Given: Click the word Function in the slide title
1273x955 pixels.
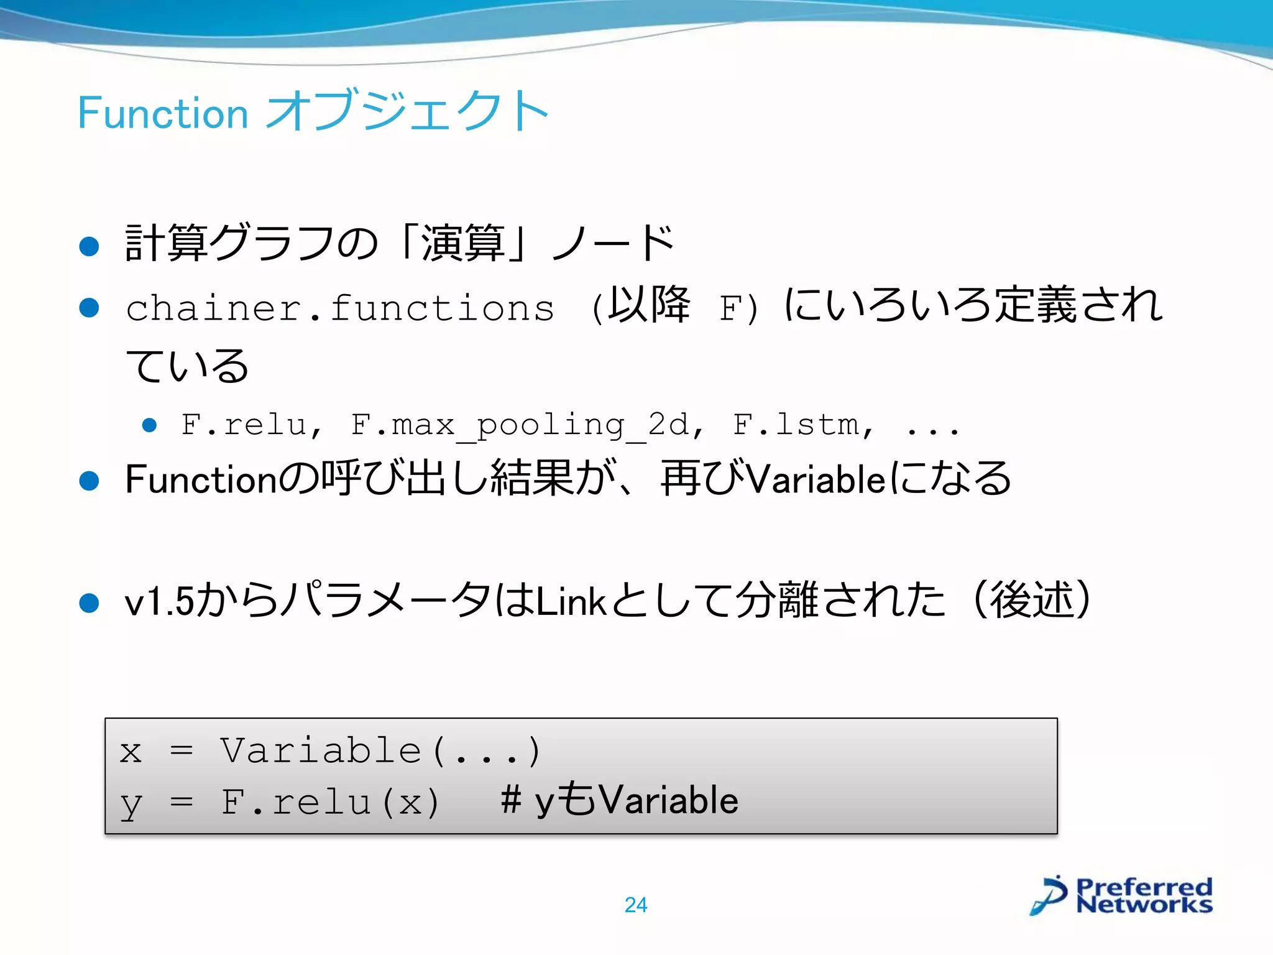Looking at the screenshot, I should point(163,113).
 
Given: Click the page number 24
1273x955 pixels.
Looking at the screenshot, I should point(635,905).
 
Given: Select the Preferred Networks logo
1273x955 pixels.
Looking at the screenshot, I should point(1121,895).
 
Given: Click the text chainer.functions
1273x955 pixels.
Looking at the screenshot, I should point(339,308).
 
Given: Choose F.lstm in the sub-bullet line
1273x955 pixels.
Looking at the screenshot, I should point(802,425).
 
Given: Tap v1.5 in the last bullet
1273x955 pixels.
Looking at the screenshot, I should point(159,602).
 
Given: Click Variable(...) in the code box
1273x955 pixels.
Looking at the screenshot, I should point(380,750).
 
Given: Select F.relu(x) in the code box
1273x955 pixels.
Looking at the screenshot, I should point(331,802).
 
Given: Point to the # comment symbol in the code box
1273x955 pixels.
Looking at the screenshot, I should point(511,800).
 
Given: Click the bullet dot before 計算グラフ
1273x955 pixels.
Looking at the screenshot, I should point(90,246).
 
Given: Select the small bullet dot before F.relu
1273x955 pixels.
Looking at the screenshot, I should point(149,425).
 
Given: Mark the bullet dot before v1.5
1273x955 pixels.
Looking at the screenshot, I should point(90,602).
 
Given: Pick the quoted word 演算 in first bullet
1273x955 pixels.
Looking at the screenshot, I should point(463,242).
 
